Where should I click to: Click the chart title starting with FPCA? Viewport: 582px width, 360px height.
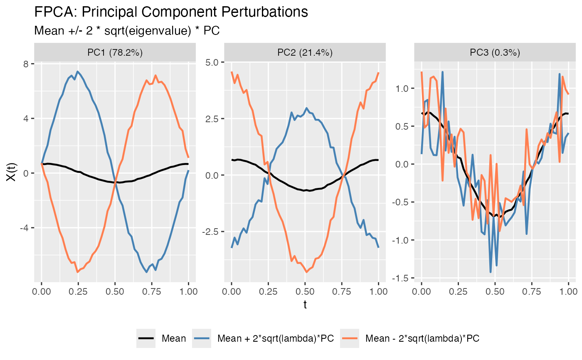[x=171, y=12]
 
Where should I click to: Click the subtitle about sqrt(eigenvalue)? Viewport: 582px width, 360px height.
[x=127, y=31]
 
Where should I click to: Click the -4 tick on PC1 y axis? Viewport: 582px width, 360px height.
[x=24, y=228]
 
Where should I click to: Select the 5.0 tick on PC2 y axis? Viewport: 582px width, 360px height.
[x=213, y=62]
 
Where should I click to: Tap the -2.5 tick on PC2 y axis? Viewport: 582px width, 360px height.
[x=212, y=232]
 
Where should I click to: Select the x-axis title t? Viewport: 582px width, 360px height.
[x=305, y=305]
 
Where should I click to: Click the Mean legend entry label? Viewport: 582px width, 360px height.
[x=174, y=338]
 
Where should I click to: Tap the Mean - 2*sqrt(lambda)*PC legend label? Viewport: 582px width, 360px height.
[x=422, y=338]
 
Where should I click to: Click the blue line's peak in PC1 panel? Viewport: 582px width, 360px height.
[x=77, y=71]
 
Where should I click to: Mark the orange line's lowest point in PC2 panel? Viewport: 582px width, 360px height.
[x=307, y=272]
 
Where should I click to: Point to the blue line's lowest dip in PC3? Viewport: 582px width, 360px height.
[x=491, y=272]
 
